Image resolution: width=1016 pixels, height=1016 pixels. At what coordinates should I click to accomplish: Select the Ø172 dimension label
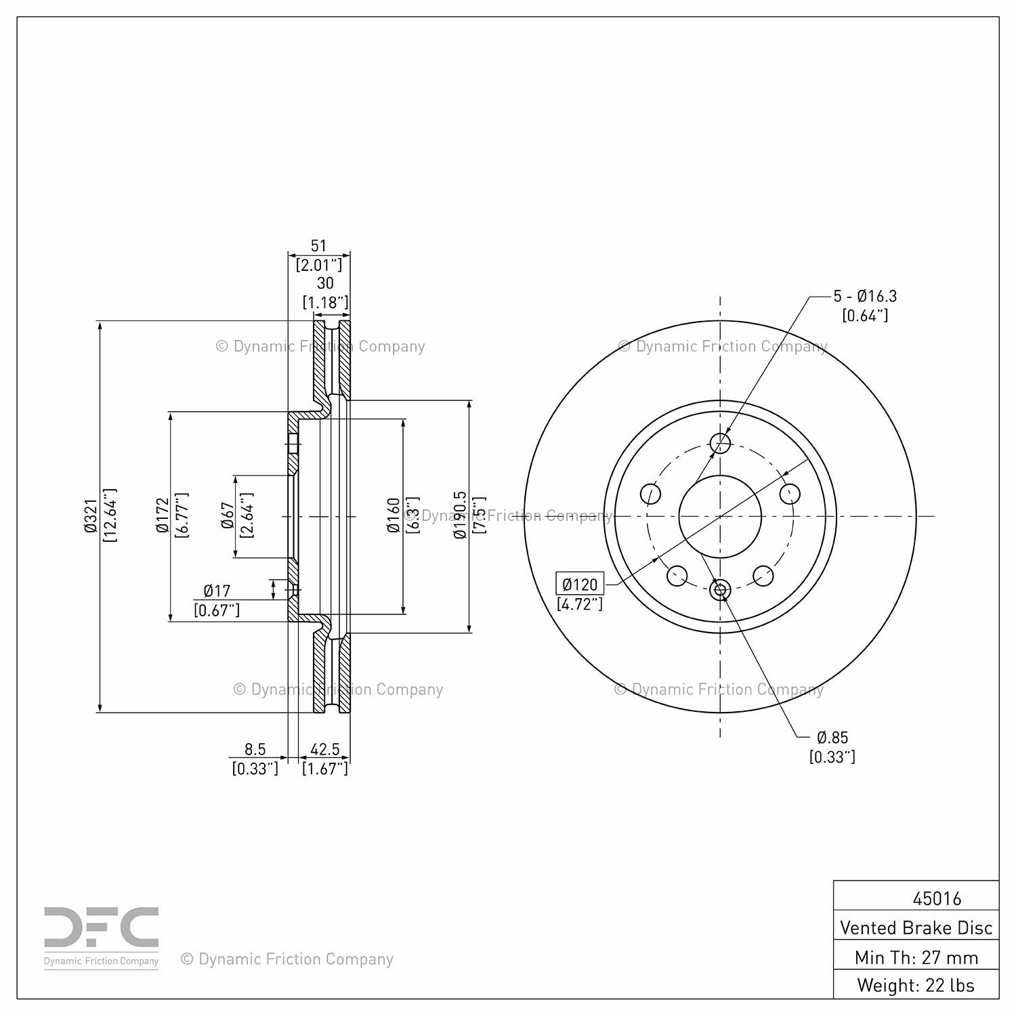coord(163,516)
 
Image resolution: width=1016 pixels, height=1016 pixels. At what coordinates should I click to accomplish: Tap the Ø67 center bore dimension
coord(228,516)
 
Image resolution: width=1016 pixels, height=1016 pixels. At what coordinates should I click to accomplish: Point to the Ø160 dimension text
coord(394,515)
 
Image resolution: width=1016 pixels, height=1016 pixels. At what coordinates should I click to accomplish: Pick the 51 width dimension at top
coord(318,246)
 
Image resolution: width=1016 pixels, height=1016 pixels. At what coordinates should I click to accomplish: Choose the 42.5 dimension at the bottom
coord(325,749)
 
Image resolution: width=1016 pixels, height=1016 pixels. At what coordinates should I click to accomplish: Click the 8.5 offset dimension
coord(255,749)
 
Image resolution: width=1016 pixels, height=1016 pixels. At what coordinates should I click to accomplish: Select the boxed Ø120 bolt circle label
coord(580,584)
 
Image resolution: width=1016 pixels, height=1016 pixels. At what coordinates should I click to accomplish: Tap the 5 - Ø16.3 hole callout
coord(865,296)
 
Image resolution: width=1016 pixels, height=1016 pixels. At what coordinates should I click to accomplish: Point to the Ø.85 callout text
coord(832,738)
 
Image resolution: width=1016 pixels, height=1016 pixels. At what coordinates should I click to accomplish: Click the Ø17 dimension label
coord(217,591)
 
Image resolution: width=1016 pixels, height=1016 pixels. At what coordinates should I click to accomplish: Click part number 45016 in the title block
coord(937,899)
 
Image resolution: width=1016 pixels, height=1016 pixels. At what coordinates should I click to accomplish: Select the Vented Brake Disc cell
coord(916,928)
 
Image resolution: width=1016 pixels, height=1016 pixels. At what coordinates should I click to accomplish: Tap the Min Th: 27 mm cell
coord(916,958)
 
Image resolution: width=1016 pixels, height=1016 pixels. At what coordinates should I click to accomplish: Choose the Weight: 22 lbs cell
coord(916,985)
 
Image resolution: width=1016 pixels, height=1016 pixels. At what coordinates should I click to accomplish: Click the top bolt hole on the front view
coord(720,444)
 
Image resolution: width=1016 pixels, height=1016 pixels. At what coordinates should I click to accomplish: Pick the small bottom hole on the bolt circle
coord(720,590)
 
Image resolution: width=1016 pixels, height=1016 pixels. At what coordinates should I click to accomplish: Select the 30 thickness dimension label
coord(325,284)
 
